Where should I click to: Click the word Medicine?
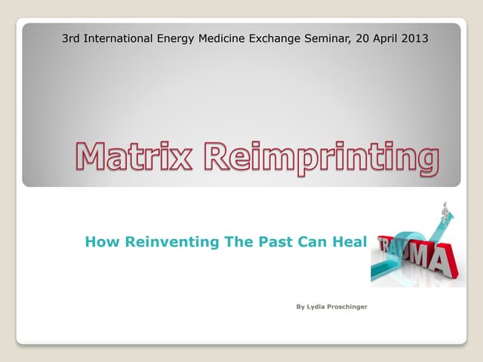226,37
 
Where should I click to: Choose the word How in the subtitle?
99,242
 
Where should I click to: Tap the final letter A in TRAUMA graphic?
443,261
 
